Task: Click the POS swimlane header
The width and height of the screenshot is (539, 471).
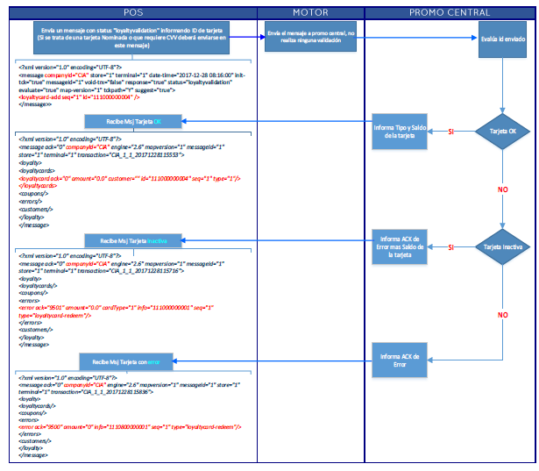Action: pyautogui.click(x=133, y=11)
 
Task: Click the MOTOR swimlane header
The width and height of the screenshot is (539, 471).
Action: pyautogui.click(x=310, y=11)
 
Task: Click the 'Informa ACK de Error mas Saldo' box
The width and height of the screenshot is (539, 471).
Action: pyautogui.click(x=401, y=247)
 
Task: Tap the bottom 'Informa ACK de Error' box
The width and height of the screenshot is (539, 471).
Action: pyautogui.click(x=401, y=361)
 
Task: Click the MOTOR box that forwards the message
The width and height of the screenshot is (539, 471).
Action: pyautogui.click(x=309, y=38)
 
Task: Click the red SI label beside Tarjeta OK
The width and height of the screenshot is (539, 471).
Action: pyautogui.click(x=450, y=132)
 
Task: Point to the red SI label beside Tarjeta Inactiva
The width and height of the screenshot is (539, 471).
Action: pyautogui.click(x=450, y=247)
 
